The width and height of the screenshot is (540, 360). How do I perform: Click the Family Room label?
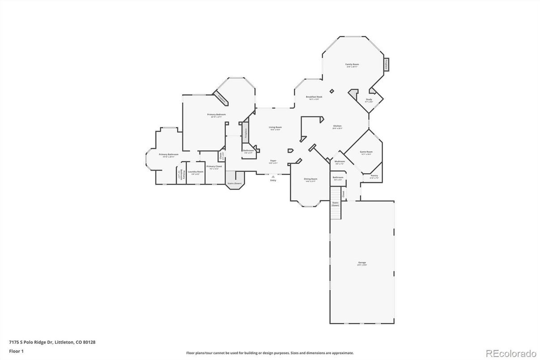(x=352, y=64)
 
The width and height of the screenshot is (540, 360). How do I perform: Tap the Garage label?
(x=361, y=263)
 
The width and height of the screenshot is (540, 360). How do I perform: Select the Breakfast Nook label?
(x=314, y=97)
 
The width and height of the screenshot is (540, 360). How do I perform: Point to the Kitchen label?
(x=337, y=126)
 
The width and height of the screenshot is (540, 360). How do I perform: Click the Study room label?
(x=369, y=100)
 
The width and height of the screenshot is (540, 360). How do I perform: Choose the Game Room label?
(x=366, y=152)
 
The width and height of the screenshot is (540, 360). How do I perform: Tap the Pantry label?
(x=374, y=176)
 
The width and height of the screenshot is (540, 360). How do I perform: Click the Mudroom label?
(x=340, y=162)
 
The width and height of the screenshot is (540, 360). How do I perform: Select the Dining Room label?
(x=310, y=179)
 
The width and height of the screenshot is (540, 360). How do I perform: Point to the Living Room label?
(x=275, y=128)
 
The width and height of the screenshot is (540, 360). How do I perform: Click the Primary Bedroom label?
(x=217, y=115)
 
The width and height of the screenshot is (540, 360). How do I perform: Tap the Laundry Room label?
(x=196, y=172)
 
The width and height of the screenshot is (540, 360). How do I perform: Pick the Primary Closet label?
(x=214, y=167)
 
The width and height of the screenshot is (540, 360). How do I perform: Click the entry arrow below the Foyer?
(x=273, y=176)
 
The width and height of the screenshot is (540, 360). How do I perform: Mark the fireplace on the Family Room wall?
(x=386, y=64)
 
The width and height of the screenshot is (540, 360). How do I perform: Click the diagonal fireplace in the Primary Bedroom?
(x=221, y=98)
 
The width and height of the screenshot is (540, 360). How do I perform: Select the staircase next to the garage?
(x=336, y=203)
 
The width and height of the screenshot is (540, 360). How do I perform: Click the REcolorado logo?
(x=510, y=352)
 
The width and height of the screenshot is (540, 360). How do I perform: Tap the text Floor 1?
(x=16, y=351)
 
